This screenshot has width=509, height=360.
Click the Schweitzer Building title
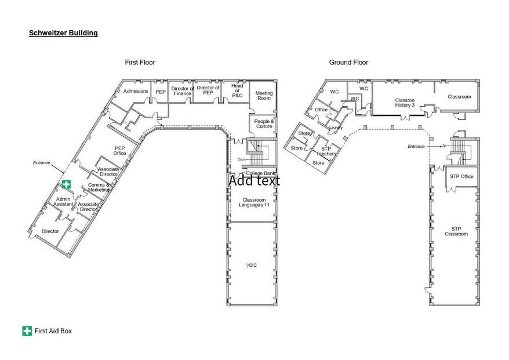(x=63, y=33)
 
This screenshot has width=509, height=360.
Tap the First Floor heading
(x=140, y=62)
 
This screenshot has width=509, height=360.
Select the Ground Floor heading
(x=348, y=62)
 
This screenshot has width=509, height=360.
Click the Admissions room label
(x=136, y=91)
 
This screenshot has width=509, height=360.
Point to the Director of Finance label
(x=181, y=91)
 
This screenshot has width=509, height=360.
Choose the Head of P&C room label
(x=237, y=91)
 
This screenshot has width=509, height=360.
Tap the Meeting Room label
(x=264, y=96)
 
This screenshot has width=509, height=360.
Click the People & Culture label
(x=264, y=123)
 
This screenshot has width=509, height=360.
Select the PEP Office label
(x=119, y=151)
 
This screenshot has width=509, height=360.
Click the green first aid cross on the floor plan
(x=67, y=184)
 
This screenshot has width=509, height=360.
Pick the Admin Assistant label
(x=63, y=202)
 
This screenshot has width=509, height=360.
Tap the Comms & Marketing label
(x=99, y=187)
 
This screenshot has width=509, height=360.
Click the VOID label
(x=251, y=265)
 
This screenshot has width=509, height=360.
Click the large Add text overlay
(x=254, y=180)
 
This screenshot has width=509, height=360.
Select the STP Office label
(x=461, y=176)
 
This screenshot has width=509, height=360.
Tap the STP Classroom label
(x=456, y=231)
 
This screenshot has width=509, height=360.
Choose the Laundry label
(x=336, y=128)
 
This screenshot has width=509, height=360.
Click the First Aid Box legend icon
(x=27, y=331)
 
